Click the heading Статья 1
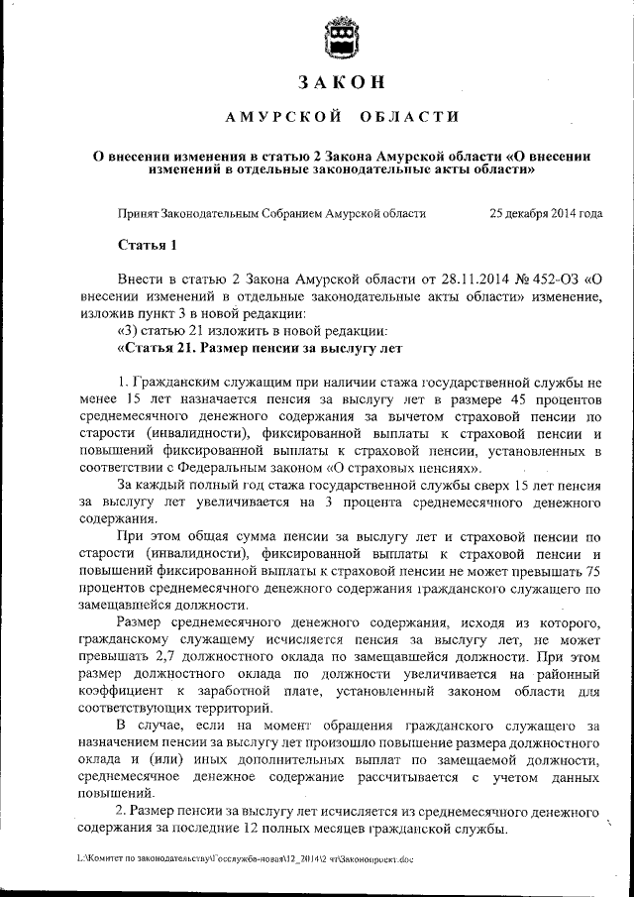coord(147,244)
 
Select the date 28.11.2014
coord(443,278)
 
